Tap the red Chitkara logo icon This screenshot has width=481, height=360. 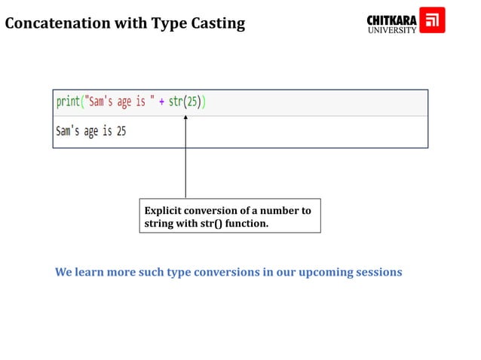432,20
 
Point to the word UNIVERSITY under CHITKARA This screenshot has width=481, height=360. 391,31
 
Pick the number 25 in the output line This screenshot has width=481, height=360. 121,132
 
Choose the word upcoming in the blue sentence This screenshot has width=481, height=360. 326,272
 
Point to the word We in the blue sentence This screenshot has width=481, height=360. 63,272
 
